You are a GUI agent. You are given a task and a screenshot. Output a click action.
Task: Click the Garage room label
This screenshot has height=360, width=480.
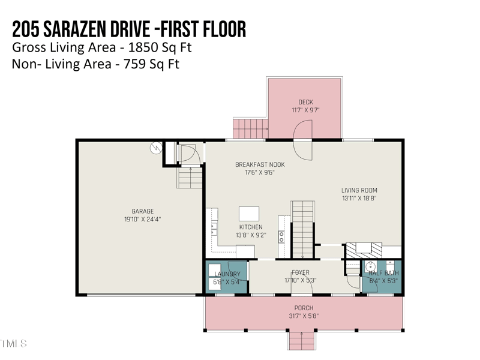point(143,211)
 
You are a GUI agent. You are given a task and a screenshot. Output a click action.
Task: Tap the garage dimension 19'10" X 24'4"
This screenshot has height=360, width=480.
point(143,220)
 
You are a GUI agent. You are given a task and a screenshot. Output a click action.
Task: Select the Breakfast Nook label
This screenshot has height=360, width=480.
point(260,164)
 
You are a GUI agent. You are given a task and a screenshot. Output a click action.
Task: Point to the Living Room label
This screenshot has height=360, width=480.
point(359,190)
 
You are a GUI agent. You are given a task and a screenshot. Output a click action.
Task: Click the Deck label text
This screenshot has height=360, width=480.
point(305,102)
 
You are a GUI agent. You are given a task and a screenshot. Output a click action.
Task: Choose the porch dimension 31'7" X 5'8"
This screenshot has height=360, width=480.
point(304,316)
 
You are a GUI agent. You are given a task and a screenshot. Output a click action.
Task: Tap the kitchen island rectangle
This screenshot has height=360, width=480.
point(249,214)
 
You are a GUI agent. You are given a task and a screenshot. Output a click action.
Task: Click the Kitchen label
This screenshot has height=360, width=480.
point(251,227)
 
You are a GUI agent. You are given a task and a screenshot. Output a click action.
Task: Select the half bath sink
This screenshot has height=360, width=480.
point(371,266)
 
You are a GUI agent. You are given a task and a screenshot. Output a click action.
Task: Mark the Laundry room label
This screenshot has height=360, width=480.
point(227,274)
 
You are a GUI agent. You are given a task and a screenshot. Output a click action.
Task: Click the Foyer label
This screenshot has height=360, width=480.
point(300,273)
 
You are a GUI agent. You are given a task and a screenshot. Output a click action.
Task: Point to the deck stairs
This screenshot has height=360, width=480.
point(250,128)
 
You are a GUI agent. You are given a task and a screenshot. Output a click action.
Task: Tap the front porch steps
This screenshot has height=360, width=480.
point(302,341)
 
